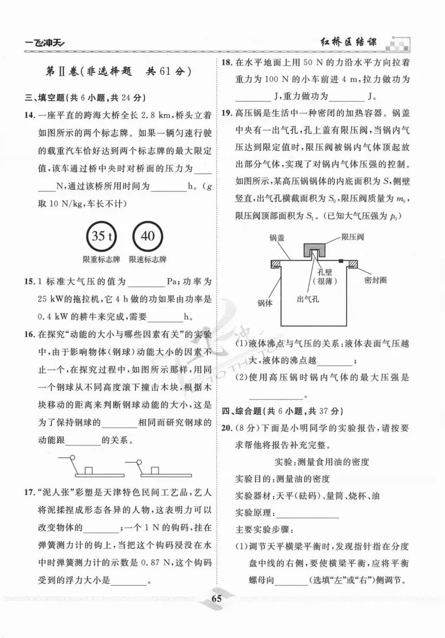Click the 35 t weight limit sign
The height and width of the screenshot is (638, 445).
pyautogui.click(x=102, y=236)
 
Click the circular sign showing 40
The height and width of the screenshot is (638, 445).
pyautogui.click(x=148, y=236)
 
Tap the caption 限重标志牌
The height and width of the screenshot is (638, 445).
pyautogui.click(x=101, y=259)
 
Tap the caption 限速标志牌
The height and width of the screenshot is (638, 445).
pyautogui.click(x=148, y=259)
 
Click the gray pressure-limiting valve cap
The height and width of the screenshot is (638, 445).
pyautogui.click(x=315, y=248)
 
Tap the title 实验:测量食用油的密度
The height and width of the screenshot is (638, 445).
pyautogui.click(x=323, y=462)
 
